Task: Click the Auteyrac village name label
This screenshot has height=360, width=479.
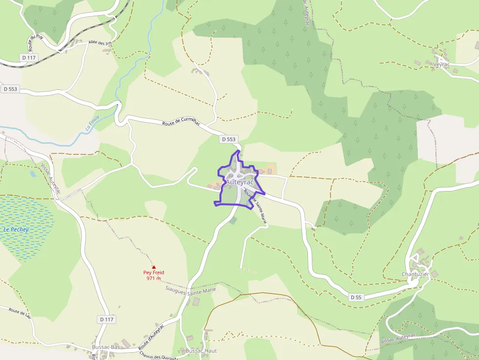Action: coord(239,182)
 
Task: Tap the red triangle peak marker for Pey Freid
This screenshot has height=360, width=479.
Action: coord(153,267)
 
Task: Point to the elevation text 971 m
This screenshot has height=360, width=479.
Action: coord(153,278)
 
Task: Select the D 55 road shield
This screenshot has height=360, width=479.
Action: coord(356,297)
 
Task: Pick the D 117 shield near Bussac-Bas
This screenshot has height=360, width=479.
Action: coord(106,319)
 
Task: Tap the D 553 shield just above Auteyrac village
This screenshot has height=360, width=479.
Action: coord(228,139)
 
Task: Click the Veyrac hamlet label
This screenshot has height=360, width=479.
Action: coord(441,64)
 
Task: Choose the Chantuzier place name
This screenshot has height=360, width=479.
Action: coord(415,274)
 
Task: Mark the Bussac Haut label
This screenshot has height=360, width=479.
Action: coord(201,351)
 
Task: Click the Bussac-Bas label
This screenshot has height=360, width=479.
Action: coord(106,347)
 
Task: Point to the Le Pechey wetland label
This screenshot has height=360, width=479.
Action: coord(16,230)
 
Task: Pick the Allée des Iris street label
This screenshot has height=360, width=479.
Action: coord(100,43)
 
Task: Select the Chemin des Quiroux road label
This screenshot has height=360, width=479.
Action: coord(157,356)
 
